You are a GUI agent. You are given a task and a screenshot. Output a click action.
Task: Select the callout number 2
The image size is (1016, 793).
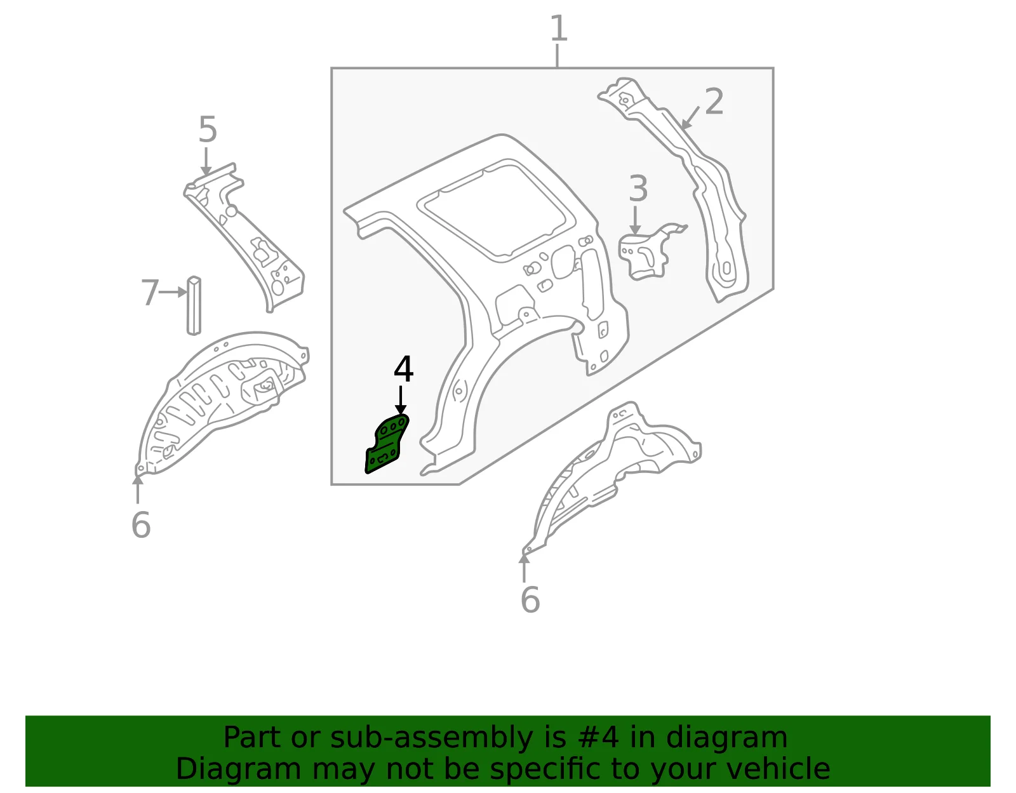tap(714, 102)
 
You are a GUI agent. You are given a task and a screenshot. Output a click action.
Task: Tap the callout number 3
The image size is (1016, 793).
tap(638, 189)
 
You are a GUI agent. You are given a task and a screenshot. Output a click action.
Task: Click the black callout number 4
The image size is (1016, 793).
tap(403, 369)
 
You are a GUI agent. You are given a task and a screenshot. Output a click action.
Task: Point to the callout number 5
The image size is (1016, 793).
tap(208, 130)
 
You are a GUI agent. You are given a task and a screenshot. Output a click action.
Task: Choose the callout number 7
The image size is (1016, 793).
tap(150, 293)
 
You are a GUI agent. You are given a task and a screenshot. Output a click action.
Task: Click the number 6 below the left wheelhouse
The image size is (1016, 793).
tap(141, 525)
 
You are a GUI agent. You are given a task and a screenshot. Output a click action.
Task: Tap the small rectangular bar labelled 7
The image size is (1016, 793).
tap(194, 306)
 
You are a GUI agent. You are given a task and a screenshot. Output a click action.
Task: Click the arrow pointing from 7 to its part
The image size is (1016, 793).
tap(173, 293)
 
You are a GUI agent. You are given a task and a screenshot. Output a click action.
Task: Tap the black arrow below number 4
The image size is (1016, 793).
tap(401, 401)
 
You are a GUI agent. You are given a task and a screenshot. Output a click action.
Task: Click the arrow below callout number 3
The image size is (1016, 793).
tap(635, 220)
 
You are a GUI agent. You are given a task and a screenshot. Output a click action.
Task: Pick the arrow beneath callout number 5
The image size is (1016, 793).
tap(206, 162)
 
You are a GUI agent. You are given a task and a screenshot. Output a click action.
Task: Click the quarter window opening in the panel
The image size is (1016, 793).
tap(497, 210)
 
